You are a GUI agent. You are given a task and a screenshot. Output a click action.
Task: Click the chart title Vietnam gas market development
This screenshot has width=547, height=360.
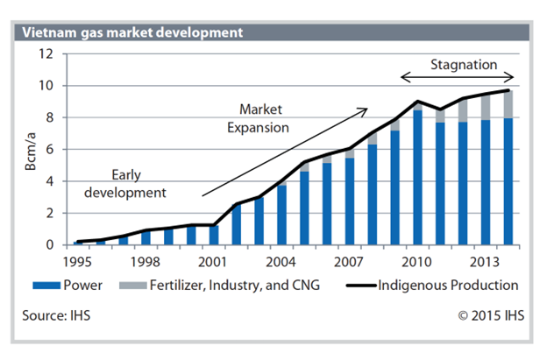point(131,33)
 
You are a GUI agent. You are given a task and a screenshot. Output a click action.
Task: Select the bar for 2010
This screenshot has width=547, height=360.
point(419,175)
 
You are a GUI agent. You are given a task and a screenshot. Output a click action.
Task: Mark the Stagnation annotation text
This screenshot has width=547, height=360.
point(464,64)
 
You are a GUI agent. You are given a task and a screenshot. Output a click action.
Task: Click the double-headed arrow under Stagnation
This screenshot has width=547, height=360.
point(457,80)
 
